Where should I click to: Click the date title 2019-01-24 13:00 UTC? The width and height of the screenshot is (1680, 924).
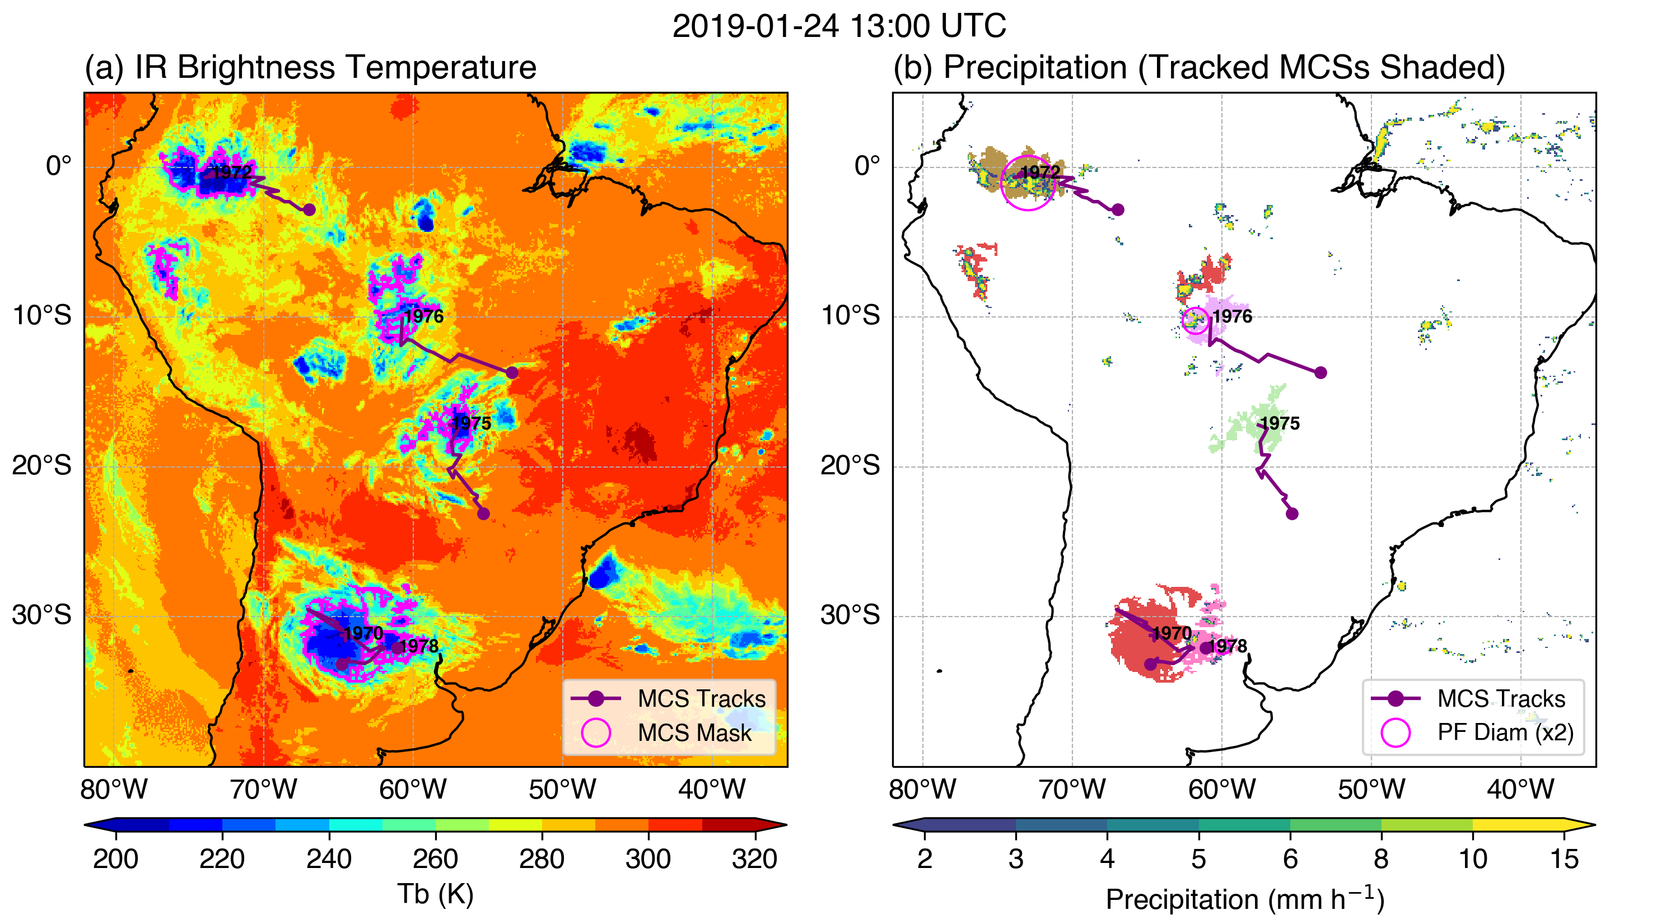pyautogui.click(x=839, y=27)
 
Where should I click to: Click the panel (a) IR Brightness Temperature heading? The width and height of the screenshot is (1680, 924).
pyautogui.click(x=310, y=67)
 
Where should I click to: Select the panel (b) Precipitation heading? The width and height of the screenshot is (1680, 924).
pyautogui.click(x=1199, y=67)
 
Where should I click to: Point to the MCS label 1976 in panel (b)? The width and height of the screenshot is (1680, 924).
pyautogui.click(x=1232, y=316)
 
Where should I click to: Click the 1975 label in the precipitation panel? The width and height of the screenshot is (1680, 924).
pyautogui.click(x=1280, y=423)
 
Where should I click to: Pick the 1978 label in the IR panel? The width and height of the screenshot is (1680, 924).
pyautogui.click(x=419, y=646)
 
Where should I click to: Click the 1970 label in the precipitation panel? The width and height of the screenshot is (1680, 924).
pyautogui.click(x=1172, y=633)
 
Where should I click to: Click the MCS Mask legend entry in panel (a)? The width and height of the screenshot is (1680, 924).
pyautogui.click(x=694, y=733)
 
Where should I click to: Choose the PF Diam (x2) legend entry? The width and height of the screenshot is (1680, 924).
pyautogui.click(x=1505, y=732)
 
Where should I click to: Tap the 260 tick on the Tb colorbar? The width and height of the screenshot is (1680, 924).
pyautogui.click(x=435, y=859)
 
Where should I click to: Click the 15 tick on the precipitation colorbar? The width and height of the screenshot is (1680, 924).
pyautogui.click(x=1564, y=859)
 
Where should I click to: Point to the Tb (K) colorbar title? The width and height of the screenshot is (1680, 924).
pyautogui.click(x=435, y=894)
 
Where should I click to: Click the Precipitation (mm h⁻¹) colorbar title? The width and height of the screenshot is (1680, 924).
pyautogui.click(x=1244, y=899)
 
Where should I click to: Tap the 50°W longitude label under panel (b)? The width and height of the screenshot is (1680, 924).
pyautogui.click(x=1371, y=789)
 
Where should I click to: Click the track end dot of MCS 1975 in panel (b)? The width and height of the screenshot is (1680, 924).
pyautogui.click(x=1292, y=514)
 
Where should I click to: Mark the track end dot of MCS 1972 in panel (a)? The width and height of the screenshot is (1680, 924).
pyautogui.click(x=309, y=209)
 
